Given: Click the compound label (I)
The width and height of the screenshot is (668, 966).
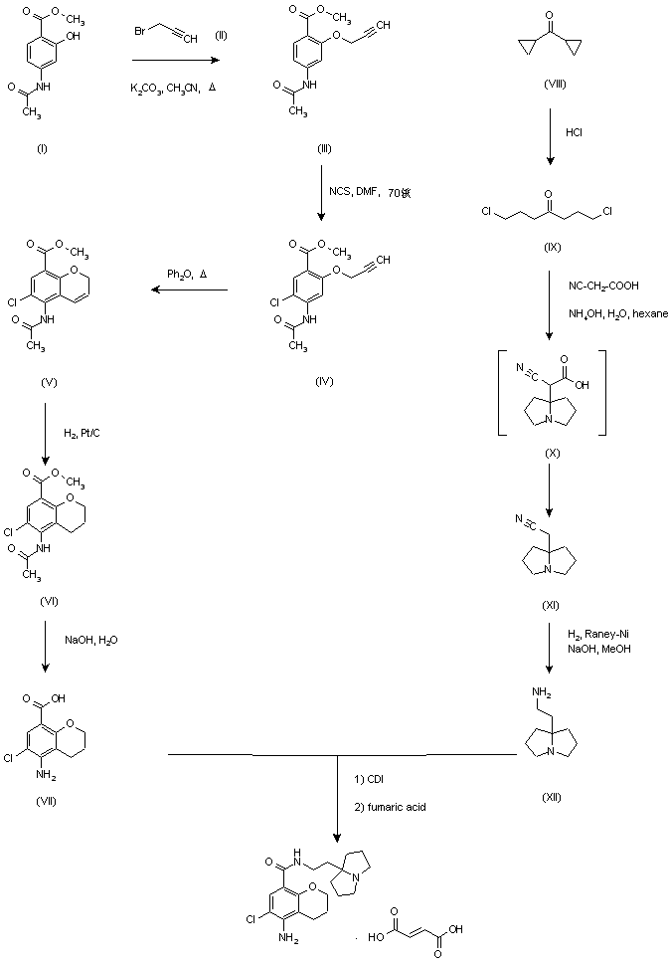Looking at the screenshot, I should tap(42, 148).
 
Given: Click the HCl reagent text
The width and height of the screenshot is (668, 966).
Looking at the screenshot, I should tap(575, 132).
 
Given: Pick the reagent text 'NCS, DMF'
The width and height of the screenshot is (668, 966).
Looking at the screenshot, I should tap(351, 190).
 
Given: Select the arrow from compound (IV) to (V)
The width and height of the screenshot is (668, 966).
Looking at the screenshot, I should tap(189, 291).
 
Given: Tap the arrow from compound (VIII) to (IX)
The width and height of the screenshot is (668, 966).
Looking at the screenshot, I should tap(550, 134).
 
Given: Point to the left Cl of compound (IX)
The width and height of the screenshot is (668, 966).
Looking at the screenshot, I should tap(486, 211).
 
